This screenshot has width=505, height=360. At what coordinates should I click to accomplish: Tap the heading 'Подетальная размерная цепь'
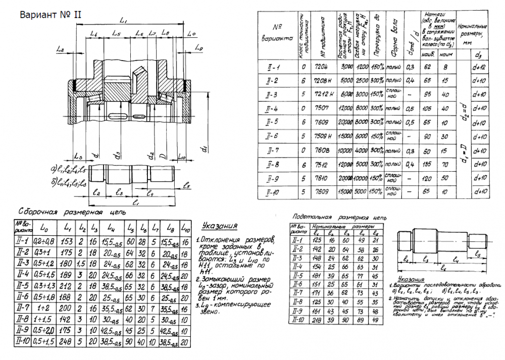(x=339, y=216)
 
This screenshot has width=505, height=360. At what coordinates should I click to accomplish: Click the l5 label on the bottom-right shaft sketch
(x=477, y=256)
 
